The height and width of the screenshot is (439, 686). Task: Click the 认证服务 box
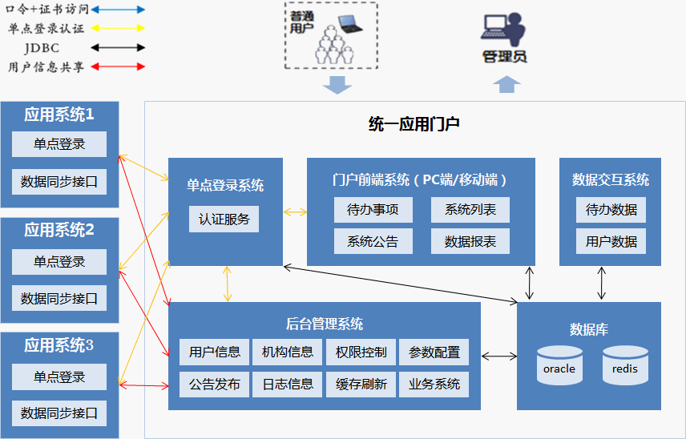click(x=224, y=219)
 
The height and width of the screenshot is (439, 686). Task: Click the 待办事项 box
click(x=373, y=210)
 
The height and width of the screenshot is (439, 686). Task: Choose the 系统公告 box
click(x=373, y=241)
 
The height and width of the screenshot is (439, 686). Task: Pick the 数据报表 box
click(x=470, y=241)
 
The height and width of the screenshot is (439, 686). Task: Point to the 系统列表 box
click(x=470, y=210)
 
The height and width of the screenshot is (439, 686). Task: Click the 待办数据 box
click(x=611, y=210)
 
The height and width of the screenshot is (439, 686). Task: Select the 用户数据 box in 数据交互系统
click(x=611, y=241)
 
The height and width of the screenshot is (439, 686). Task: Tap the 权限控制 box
click(x=361, y=352)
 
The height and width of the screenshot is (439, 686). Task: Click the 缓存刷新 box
click(x=361, y=384)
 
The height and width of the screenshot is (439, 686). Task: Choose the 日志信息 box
click(x=288, y=384)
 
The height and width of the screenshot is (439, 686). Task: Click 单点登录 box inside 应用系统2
click(x=59, y=262)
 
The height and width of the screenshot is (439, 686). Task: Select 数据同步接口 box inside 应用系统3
click(x=59, y=413)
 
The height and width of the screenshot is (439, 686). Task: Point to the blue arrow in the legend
click(x=118, y=10)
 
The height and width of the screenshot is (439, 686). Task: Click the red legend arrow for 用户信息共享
click(x=118, y=67)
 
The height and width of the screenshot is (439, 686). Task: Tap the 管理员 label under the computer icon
click(x=505, y=57)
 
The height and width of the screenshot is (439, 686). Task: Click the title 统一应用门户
click(x=414, y=124)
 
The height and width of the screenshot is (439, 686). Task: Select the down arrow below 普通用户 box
click(x=337, y=85)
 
